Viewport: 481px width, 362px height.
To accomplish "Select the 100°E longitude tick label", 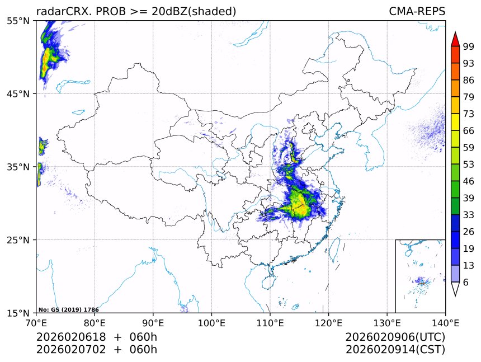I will pos(211,323).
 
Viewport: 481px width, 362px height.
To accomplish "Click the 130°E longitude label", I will pos(386,323).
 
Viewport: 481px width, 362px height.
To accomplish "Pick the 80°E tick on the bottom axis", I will pos(95,323).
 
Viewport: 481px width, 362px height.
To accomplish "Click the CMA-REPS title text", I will pos(417,12).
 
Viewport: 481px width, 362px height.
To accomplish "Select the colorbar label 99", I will pos(469,46).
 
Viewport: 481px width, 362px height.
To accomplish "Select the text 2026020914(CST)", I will pos(395,350).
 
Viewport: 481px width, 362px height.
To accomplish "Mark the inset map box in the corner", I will pos(420,276).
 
